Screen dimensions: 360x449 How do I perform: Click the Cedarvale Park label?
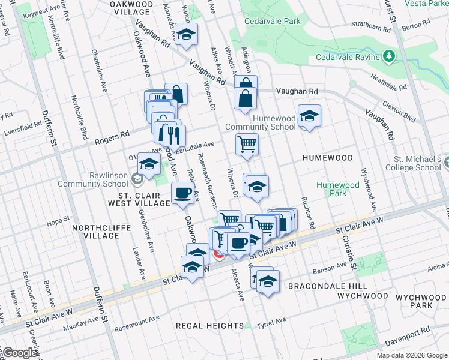tap(272, 21)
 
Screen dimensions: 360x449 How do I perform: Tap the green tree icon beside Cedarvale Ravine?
tap(389, 56)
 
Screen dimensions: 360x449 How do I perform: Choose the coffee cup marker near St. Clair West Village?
tap(182, 193)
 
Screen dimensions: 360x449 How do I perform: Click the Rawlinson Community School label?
tap(98, 179)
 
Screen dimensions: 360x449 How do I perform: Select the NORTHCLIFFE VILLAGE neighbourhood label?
tap(95, 232)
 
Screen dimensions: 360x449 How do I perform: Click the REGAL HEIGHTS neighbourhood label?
tap(209, 325)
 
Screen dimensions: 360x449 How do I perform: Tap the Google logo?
tap(19, 353)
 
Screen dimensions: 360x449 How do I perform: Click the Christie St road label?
tap(348, 245)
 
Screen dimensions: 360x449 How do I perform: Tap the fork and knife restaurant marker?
tap(174, 135)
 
